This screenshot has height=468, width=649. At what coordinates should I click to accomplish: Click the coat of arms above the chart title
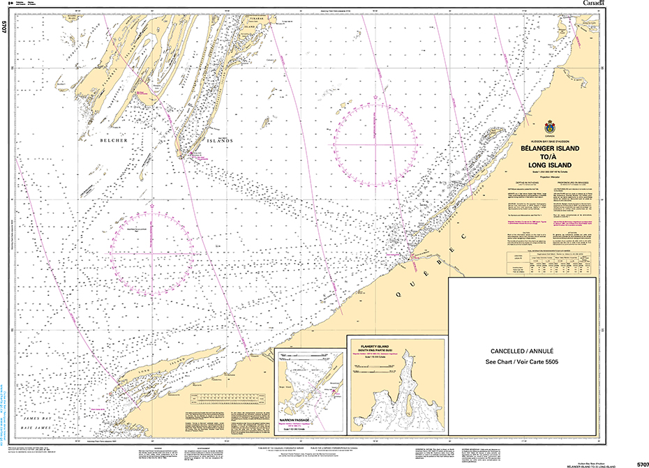[x=549, y=128]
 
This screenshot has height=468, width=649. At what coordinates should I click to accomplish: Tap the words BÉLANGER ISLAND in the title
[x=549, y=149]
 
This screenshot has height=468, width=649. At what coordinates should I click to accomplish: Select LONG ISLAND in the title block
[x=549, y=165]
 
